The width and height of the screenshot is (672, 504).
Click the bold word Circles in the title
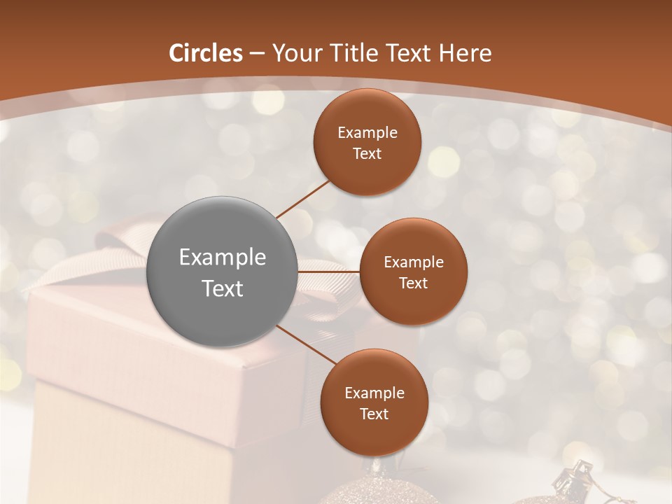[206, 53]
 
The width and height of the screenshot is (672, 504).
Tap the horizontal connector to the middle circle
[329, 271]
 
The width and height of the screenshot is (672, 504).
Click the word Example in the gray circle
[223, 258]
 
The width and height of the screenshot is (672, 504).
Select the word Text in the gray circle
[223, 288]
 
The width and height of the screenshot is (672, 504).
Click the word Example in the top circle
[367, 133]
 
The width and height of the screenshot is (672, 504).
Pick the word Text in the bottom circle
[374, 414]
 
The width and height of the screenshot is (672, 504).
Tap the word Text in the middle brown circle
[414, 283]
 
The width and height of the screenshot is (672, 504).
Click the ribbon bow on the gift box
[126, 241]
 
